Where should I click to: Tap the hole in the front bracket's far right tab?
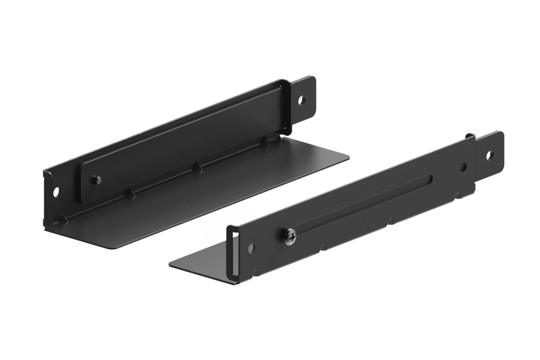click(490, 155)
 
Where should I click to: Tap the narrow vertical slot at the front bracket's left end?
click(230, 254)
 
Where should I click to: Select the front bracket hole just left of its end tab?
click(463, 167)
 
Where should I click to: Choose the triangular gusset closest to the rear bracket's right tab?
click(265, 140)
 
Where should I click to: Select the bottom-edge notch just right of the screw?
click(322, 246)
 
